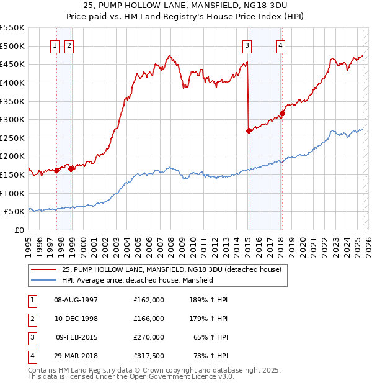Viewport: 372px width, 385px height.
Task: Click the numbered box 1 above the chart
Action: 55,45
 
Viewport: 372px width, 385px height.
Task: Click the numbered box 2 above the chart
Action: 68,45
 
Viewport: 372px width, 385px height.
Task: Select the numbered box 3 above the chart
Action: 247,45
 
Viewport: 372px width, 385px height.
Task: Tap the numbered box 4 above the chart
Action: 281,45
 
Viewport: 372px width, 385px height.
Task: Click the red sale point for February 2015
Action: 249,130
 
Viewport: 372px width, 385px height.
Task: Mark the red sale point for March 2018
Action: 282,113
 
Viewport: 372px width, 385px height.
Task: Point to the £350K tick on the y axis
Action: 12,101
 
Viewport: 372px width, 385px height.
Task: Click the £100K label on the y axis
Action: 12,193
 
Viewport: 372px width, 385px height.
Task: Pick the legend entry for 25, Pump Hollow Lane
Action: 172,269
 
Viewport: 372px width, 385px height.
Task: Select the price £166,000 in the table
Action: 149,319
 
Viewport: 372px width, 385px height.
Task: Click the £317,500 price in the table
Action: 149,356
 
